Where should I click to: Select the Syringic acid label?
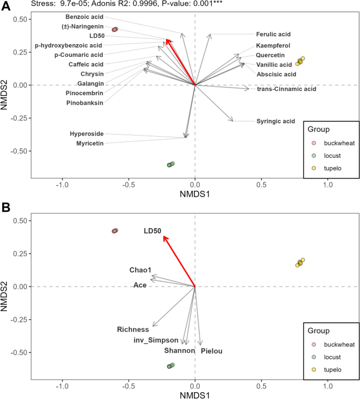tap(275, 121)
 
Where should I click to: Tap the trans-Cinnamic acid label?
tap(286, 89)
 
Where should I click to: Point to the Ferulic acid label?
tap(273, 34)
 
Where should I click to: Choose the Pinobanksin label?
tap(85, 103)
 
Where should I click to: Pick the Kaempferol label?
tap(273, 46)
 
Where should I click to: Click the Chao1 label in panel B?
tap(140, 270)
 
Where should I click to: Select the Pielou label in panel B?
tap(212, 351)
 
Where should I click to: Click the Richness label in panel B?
tap(133, 330)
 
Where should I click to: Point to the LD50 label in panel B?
tap(152, 231)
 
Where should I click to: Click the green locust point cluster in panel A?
tap(171, 165)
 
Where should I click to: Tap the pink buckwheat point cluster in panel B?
tap(115, 231)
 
